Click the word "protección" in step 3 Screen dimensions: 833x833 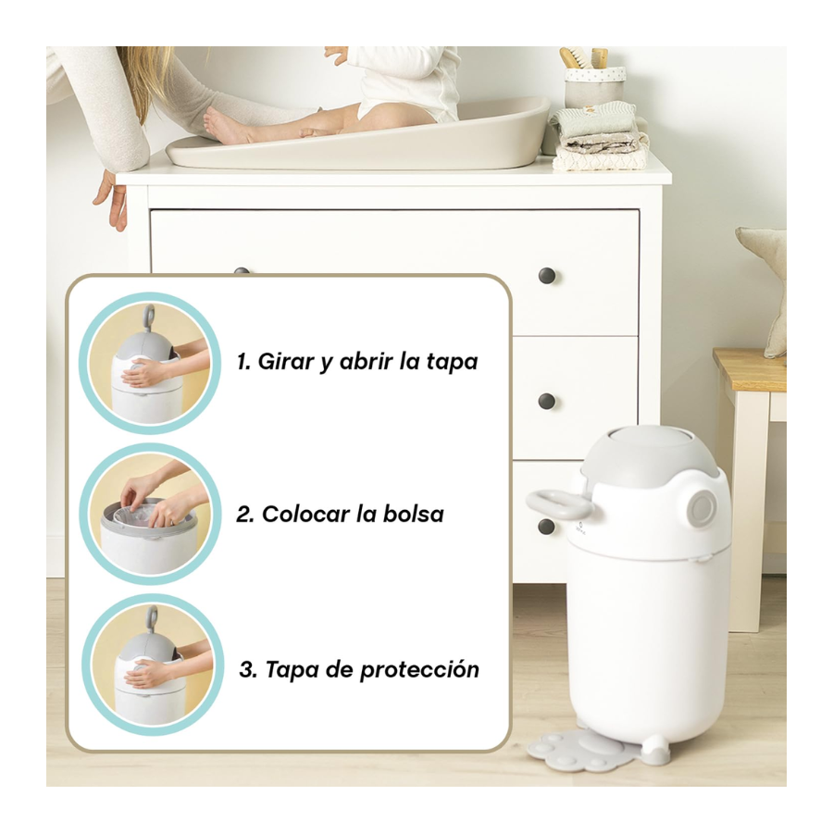[419, 670]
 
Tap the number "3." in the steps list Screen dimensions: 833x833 [249, 669]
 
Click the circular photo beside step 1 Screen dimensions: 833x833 [150, 363]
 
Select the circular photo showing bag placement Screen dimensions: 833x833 [150, 515]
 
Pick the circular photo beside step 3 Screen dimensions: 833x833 [153, 665]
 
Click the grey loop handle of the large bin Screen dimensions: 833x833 [558, 504]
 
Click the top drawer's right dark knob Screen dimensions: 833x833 [547, 276]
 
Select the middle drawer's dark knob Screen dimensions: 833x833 [547, 401]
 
